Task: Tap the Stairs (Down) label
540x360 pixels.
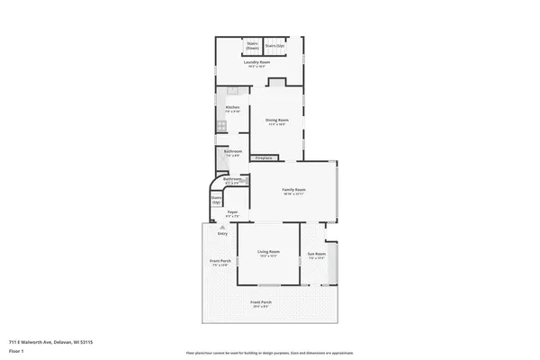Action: [253, 45]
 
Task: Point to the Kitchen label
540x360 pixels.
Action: [232, 109]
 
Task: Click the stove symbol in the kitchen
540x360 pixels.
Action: [221, 126]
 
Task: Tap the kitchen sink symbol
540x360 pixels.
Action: [232, 90]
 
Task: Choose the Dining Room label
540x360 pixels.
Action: [276, 121]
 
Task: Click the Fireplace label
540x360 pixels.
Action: [264, 158]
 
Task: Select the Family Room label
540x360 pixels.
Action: [294, 191]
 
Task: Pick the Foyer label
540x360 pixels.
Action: [231, 215]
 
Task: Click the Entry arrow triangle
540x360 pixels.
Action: [221, 228]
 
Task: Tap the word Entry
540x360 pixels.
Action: [221, 234]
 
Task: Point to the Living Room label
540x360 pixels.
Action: [268, 253]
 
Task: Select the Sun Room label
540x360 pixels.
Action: [315, 255]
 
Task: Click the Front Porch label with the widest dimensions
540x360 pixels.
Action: [262, 303]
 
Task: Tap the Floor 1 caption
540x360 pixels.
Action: [17, 351]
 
